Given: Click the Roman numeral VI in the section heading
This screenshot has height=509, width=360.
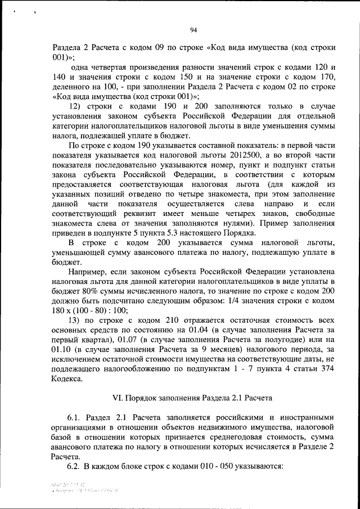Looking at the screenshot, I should tap(118, 398).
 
